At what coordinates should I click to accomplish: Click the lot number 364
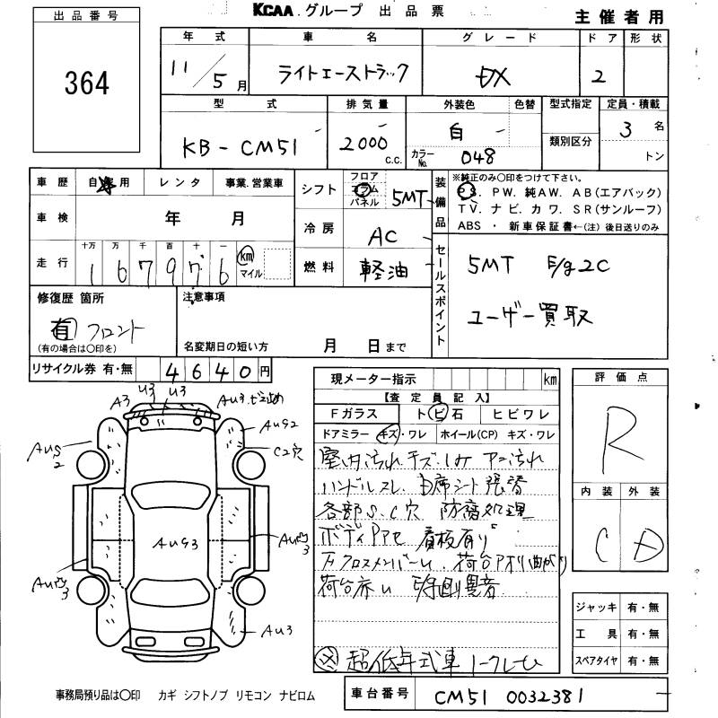87,83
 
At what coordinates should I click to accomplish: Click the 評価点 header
617,378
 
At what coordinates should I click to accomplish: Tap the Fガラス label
351,415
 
